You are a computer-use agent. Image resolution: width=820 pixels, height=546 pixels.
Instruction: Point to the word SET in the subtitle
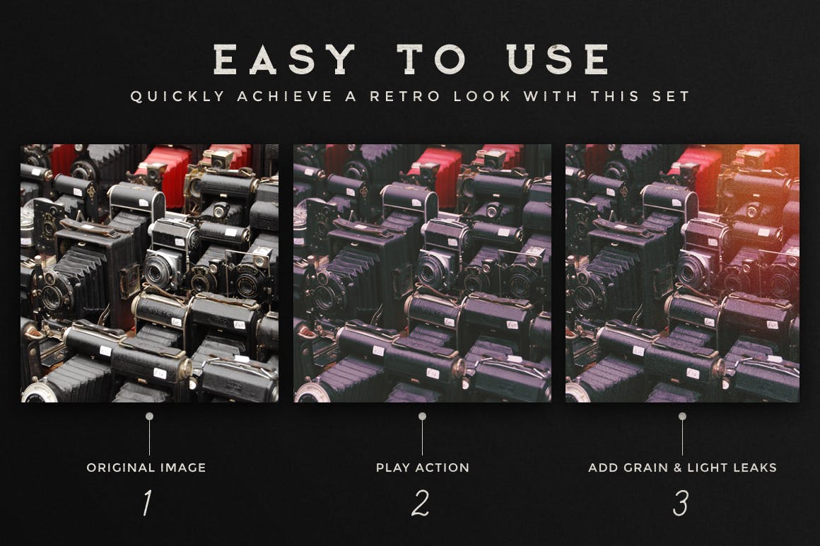coord(668,96)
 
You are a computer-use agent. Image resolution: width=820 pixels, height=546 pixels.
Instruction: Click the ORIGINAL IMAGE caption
coord(146,467)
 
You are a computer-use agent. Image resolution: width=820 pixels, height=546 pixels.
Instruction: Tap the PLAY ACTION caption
coord(422,467)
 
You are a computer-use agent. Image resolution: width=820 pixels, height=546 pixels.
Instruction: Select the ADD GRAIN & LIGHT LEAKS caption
coord(682,467)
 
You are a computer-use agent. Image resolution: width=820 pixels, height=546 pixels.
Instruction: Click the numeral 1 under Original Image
coord(147,504)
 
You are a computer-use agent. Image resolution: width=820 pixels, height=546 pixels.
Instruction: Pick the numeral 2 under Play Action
coord(421,504)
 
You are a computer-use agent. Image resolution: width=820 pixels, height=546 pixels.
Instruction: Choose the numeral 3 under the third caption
coord(681,504)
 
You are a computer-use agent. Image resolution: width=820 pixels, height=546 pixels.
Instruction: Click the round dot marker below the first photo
coord(149,417)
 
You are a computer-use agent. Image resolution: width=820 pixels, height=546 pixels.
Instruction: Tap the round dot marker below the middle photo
coord(422,417)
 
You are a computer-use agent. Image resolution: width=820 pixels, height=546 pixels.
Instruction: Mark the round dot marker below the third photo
coord(682,417)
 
